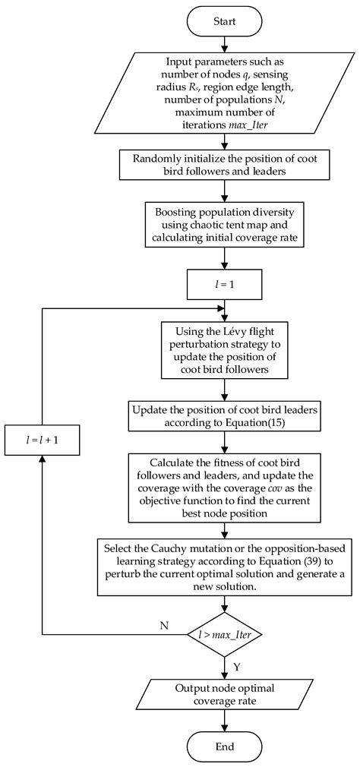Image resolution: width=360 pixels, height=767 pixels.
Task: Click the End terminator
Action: point(224,746)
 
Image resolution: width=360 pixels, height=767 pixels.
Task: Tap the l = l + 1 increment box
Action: point(42,440)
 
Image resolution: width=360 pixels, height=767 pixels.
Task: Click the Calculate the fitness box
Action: point(224,478)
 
